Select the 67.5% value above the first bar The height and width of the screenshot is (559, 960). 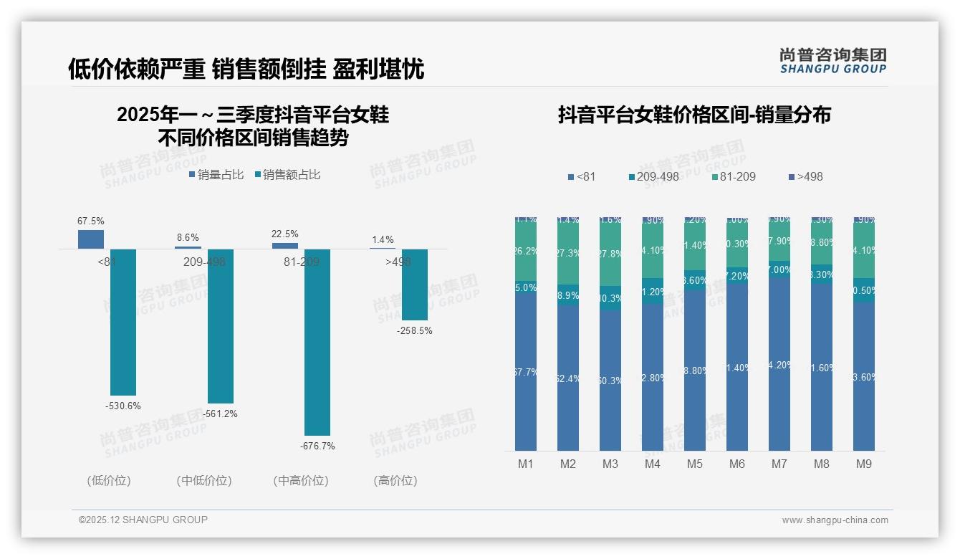pos(91,221)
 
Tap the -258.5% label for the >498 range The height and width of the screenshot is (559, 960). pos(415,331)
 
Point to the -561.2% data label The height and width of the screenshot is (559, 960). pos(220,414)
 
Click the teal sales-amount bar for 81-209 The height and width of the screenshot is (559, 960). pos(317,342)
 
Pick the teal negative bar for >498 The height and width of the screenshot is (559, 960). pos(415,285)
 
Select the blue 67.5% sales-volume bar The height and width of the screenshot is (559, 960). pos(91,239)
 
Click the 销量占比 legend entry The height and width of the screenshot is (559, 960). pos(216,174)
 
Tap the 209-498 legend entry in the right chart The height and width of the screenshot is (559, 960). pos(653,176)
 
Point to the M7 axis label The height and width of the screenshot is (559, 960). pos(779,464)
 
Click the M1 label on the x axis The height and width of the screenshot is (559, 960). pos(526,464)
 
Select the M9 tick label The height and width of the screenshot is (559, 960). pos(864,464)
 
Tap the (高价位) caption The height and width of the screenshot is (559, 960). pos(395,481)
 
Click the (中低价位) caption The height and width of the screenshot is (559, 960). pos(204,481)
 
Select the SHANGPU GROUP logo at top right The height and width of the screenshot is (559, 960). pos(832,61)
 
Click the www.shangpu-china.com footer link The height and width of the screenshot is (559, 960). pos(835,520)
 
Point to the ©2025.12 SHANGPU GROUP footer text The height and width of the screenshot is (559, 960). pos(143,520)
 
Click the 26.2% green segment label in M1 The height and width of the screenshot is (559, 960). pos(526,252)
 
